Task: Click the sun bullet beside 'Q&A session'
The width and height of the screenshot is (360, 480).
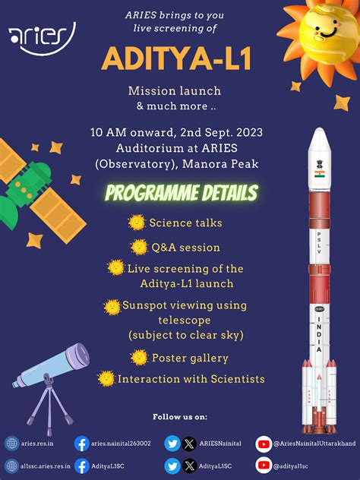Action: pos(138,247)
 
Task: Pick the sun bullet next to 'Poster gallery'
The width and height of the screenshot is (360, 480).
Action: pos(138,357)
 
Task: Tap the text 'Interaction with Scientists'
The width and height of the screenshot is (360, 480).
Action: pos(191,378)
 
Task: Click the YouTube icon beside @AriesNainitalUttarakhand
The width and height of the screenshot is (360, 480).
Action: pos(263,444)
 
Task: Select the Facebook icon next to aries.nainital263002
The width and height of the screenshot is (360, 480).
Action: pos(81,444)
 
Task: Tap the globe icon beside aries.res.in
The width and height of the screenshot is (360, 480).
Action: pos(11,444)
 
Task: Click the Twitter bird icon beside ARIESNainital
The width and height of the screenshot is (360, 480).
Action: pos(172,444)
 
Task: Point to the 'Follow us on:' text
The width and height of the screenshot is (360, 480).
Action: pos(180,417)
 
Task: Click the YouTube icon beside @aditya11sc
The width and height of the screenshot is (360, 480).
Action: pos(263,466)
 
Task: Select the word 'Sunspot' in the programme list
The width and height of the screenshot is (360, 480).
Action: pos(148,305)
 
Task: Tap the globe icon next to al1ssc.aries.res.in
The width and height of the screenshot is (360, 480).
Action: pos(11,466)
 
